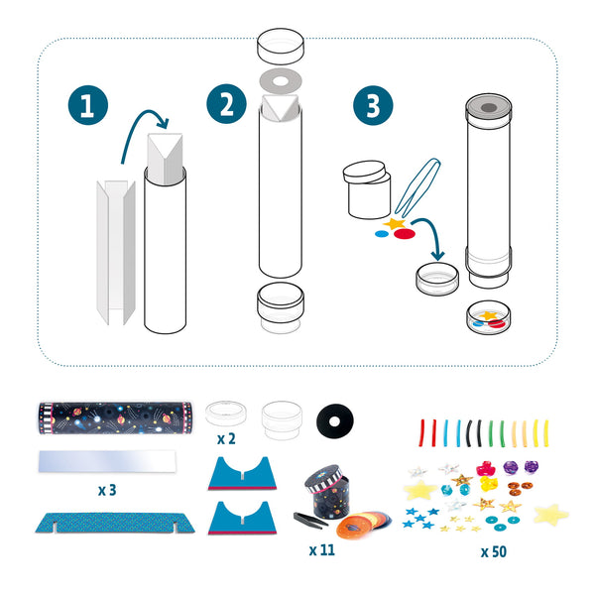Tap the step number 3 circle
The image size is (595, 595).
click(x=372, y=106)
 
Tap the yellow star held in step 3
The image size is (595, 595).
click(x=395, y=224)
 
